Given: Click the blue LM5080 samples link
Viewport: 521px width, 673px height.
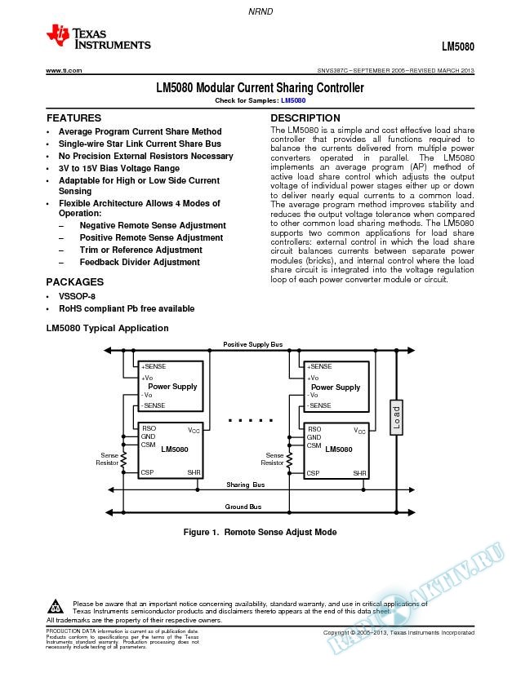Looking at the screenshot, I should point(292,100).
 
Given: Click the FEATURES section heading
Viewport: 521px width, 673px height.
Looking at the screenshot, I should point(73,118).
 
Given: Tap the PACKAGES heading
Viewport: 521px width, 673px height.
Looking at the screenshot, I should point(74,281).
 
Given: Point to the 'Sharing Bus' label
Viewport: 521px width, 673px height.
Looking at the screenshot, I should point(245,485).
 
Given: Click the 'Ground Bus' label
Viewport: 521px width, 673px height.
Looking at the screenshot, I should point(243,507).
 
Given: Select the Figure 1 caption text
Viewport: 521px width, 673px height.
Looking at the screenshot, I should point(260,532).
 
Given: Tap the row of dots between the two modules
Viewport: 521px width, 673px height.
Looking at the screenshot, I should point(250,422).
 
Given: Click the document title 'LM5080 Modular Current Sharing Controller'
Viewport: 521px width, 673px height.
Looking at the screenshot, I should point(260,87).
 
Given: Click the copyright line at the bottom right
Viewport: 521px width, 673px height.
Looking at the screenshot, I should point(399,633).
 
